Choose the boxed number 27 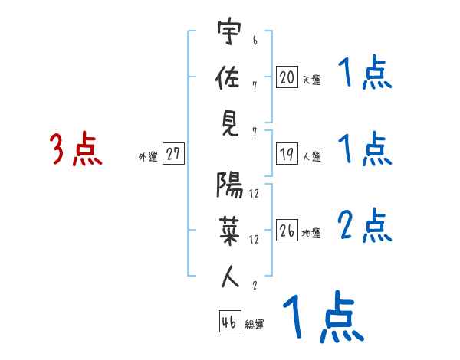(173, 154)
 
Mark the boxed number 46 (228, 322)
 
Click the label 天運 (311, 80)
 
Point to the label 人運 (311, 157)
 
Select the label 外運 (147, 157)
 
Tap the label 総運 (255, 325)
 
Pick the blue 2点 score (365, 225)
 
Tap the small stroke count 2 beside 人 (254, 286)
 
